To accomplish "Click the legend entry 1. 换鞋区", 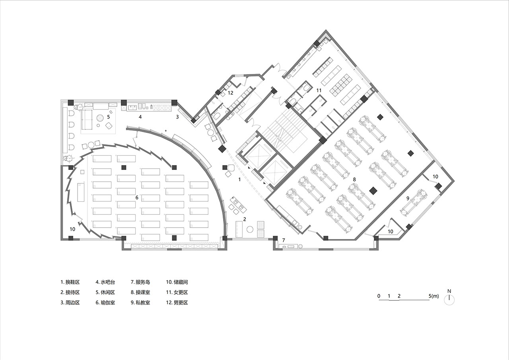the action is pos(70,282).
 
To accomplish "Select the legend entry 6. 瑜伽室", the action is pos(105,302).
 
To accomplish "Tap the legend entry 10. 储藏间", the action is pos(177,282).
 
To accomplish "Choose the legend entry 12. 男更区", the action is pos(177,302).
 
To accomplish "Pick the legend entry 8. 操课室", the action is pos(140,292).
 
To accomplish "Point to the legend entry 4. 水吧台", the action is pos(105,282).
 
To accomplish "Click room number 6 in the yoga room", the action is pos(137,197).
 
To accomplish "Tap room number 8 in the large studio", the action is pos(354,179).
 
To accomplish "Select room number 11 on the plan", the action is pos(319,90).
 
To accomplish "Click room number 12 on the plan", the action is pos(230,93).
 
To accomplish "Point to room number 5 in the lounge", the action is pos(109,117).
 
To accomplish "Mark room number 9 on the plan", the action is pos(408,198).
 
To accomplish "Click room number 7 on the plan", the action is pos(284,240).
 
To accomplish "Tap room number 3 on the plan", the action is pos(177,117).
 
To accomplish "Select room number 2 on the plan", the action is pos(245,219).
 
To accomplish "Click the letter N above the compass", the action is pos(449,291).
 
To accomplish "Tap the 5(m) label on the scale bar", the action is pos(434,296).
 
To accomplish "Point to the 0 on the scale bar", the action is pos(379,296).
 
